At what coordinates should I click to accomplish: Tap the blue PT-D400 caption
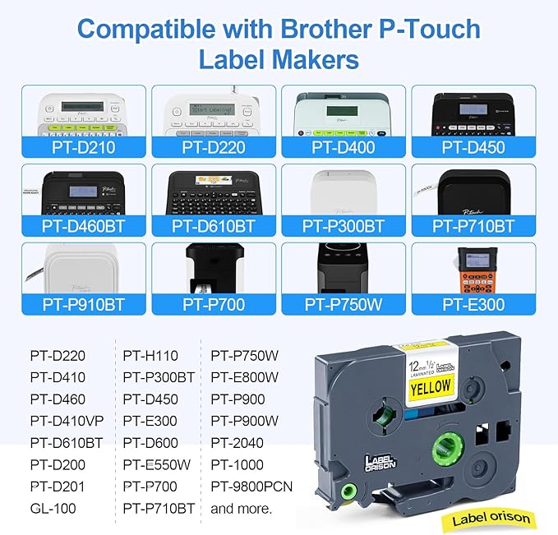(x=344, y=148)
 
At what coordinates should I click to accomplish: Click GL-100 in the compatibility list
(x=53, y=508)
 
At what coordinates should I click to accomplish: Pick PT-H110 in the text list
(x=151, y=356)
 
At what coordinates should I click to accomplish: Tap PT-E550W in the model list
(x=157, y=464)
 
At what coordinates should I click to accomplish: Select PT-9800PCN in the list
(x=251, y=487)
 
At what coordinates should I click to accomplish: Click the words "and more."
(x=240, y=508)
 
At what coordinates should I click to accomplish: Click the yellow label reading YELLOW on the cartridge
(x=431, y=386)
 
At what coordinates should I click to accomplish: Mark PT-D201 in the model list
(x=58, y=487)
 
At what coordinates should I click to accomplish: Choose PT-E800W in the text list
(x=245, y=377)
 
